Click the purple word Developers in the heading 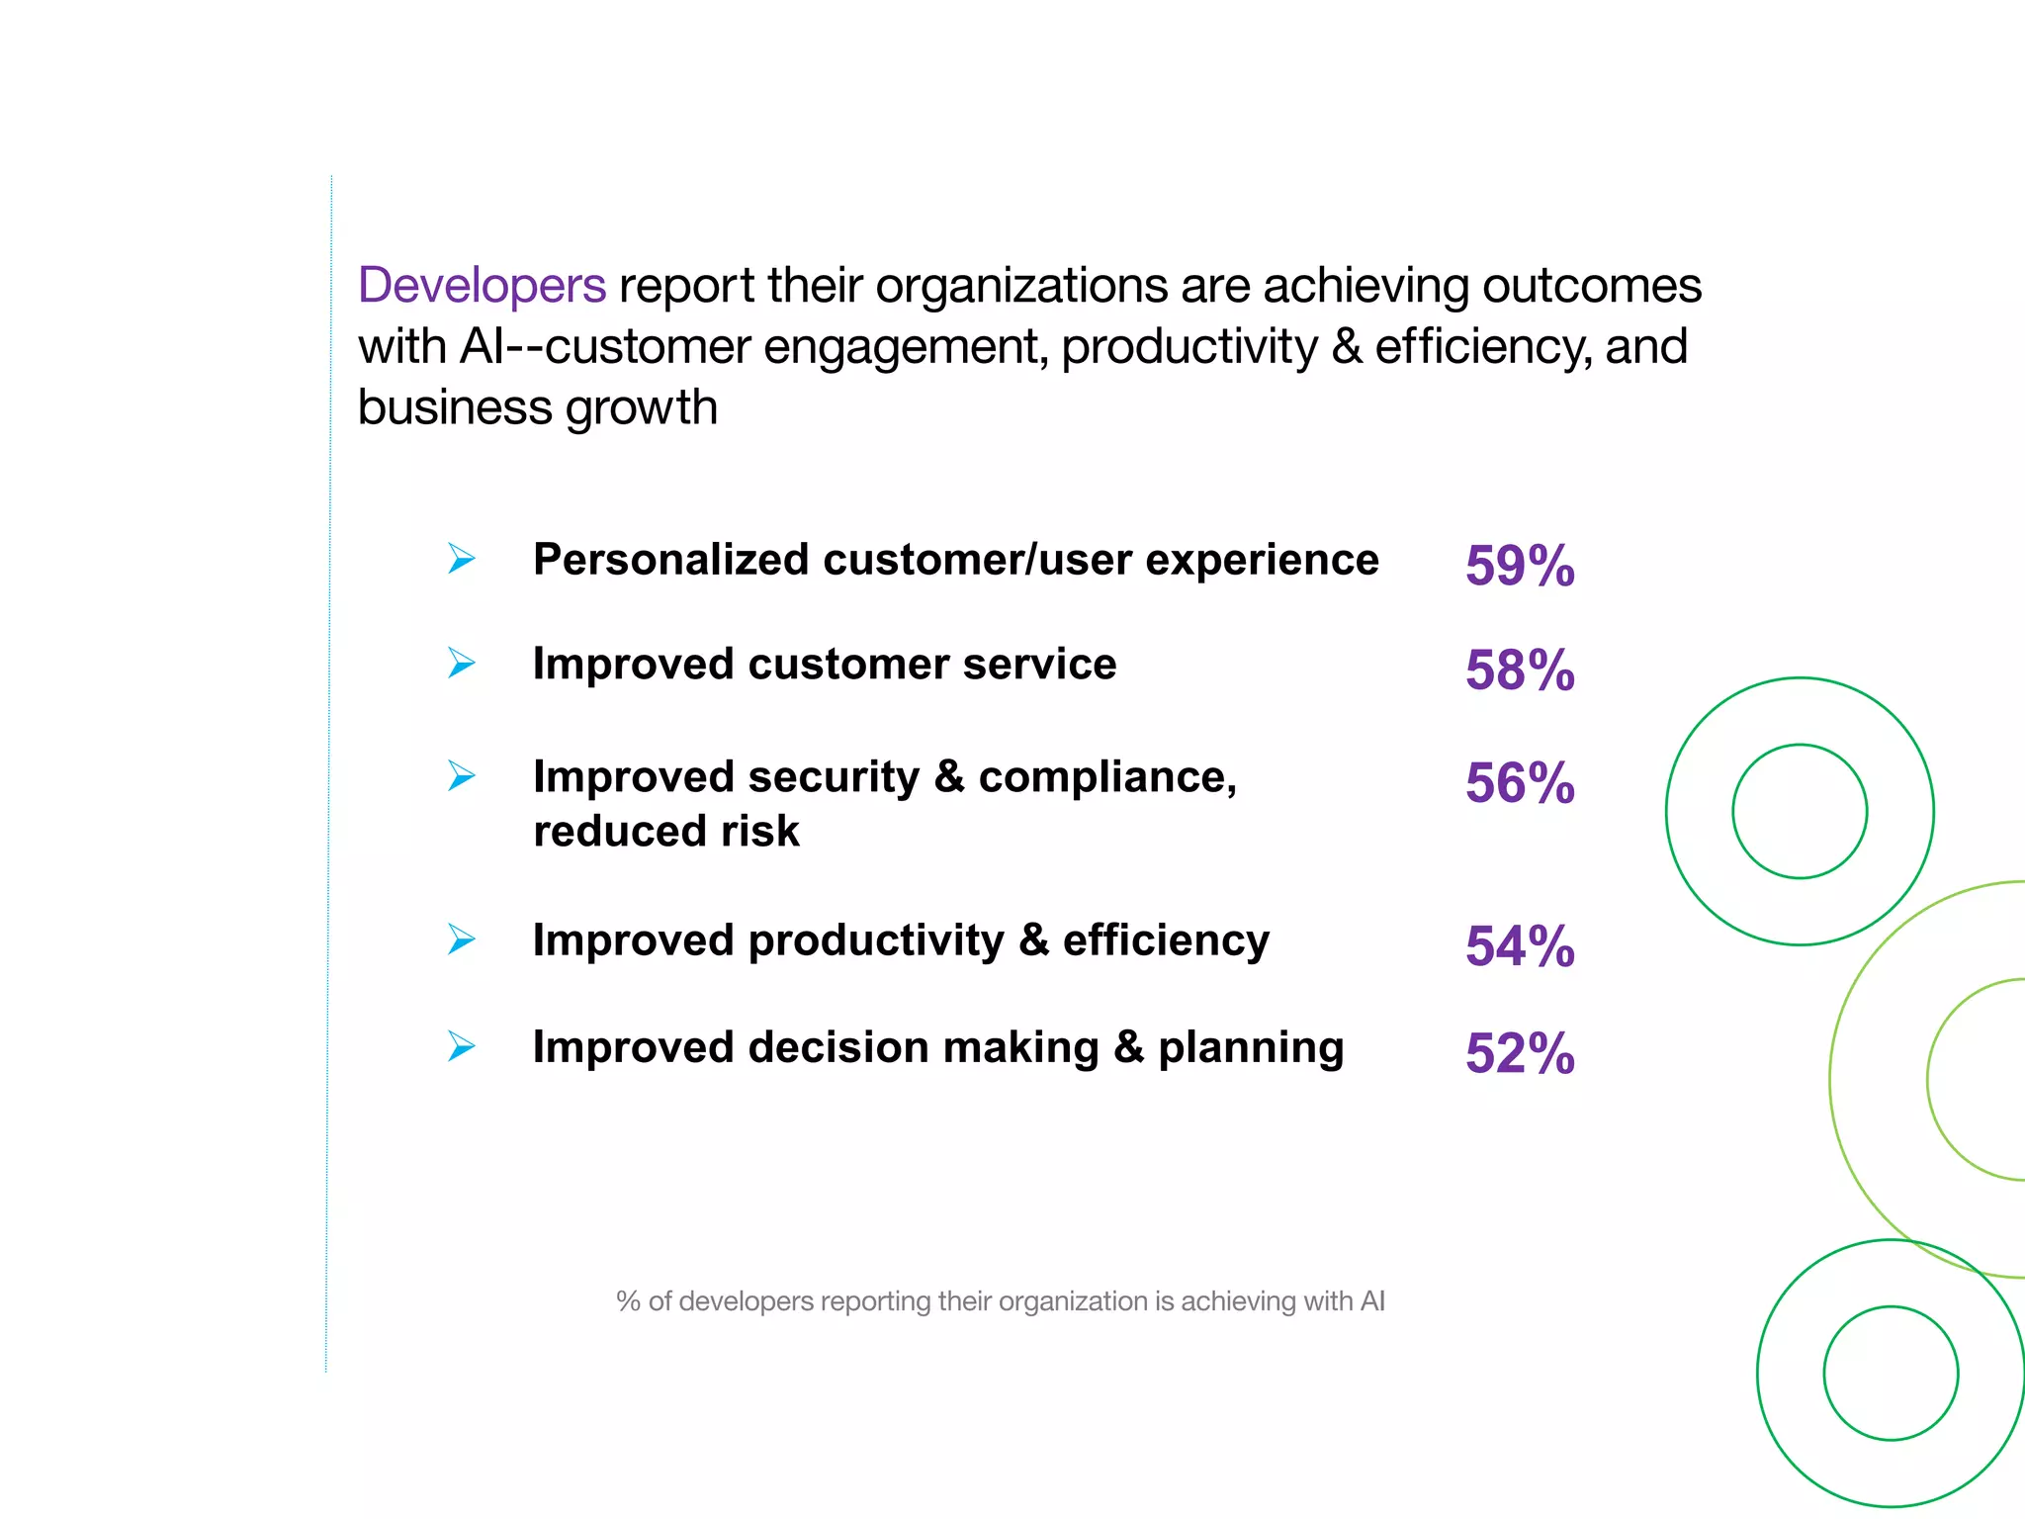coord(482,286)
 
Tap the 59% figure coord(1519,567)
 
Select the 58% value coord(1519,671)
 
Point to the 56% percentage coord(1519,784)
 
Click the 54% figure coord(1519,947)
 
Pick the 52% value coord(1519,1054)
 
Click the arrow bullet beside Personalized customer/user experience coord(461,559)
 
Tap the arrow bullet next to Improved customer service coord(461,663)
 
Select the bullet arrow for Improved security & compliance coord(461,776)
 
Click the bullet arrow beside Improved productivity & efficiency coord(461,939)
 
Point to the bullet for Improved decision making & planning coord(461,1046)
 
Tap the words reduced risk coord(665,832)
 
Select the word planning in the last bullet coord(1251,1048)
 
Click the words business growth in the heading coord(537,407)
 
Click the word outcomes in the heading coord(1591,286)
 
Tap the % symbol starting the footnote coord(628,1301)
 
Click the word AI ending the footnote coord(1372,1301)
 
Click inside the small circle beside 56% coord(1800,811)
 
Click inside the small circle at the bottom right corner coord(1891,1374)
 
